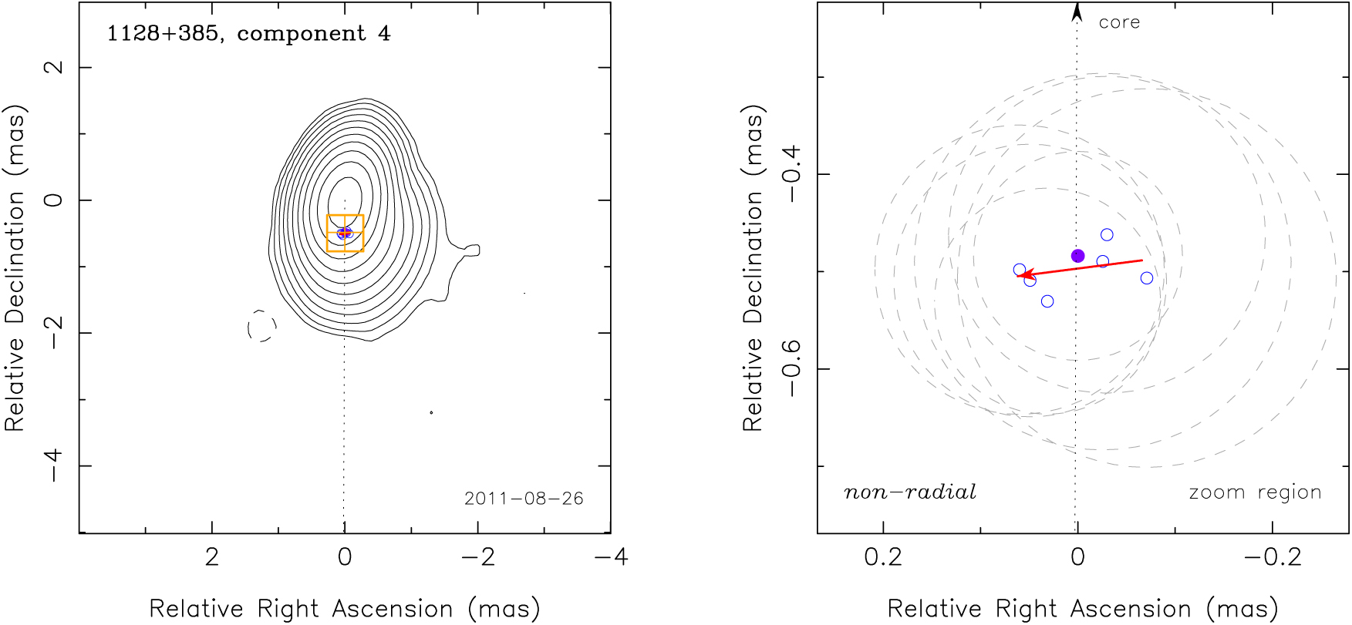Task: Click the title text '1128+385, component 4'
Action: pos(248,34)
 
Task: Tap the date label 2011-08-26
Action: pos(524,499)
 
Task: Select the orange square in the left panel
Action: pos(345,233)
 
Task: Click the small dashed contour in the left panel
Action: pos(261,326)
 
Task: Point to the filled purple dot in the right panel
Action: pos(1078,256)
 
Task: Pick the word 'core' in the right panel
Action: pos(1119,23)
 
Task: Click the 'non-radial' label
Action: pos(910,492)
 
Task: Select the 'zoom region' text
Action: pos(1255,492)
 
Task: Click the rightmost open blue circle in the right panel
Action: pos(1147,278)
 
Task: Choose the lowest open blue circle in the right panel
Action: pos(1047,301)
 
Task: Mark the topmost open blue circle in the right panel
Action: pos(1107,235)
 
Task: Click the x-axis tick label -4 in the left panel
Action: pos(612,556)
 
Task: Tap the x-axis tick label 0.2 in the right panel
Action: pos(883,556)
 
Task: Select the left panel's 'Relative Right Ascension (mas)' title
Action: pos(344,609)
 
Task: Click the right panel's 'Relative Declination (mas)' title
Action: pos(753,267)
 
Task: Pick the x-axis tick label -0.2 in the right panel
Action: pos(1273,556)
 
